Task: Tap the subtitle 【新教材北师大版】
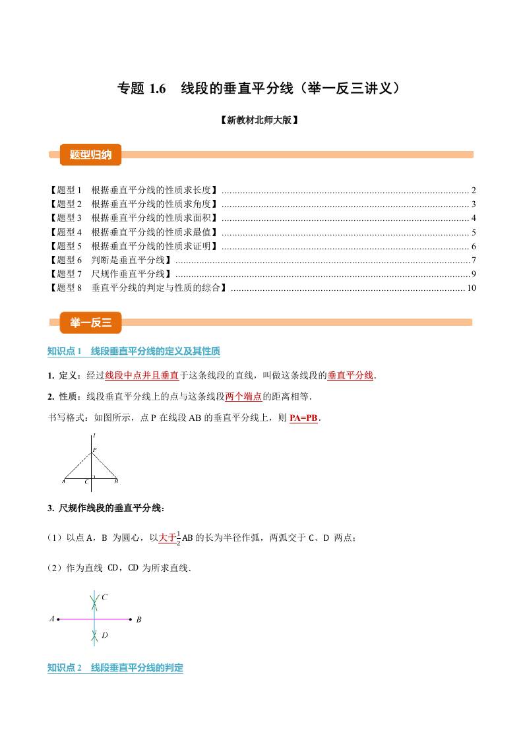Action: [x=261, y=120]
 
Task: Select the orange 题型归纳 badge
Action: [x=90, y=155]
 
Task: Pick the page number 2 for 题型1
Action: [x=474, y=190]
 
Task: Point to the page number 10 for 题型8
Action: [x=471, y=288]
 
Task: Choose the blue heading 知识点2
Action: [x=115, y=668]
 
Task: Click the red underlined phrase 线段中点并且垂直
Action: [x=142, y=376]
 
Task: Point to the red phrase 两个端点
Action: [x=243, y=397]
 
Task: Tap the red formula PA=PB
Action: [x=303, y=418]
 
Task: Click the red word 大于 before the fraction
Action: [x=168, y=538]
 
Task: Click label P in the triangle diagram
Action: [x=94, y=450]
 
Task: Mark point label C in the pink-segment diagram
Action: [x=104, y=598]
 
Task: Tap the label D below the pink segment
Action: [x=104, y=636]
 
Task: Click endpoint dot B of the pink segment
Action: [x=130, y=619]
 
